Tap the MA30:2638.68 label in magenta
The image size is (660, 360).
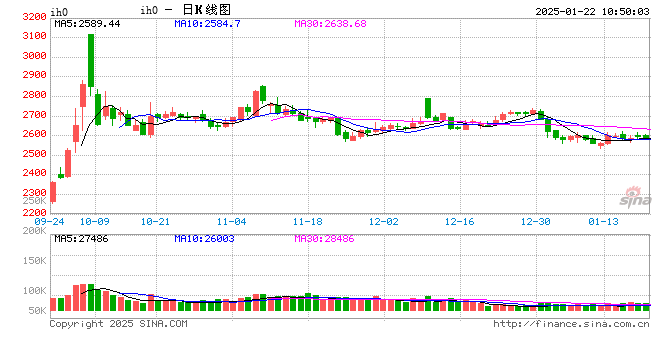point(330,23)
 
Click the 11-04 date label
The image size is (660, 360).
point(231,220)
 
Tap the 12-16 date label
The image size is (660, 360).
point(459,220)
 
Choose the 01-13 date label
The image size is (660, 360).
point(603,220)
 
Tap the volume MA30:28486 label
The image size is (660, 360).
point(324,239)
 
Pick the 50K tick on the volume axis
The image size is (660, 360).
point(36,312)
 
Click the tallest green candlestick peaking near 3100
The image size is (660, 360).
point(91,60)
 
